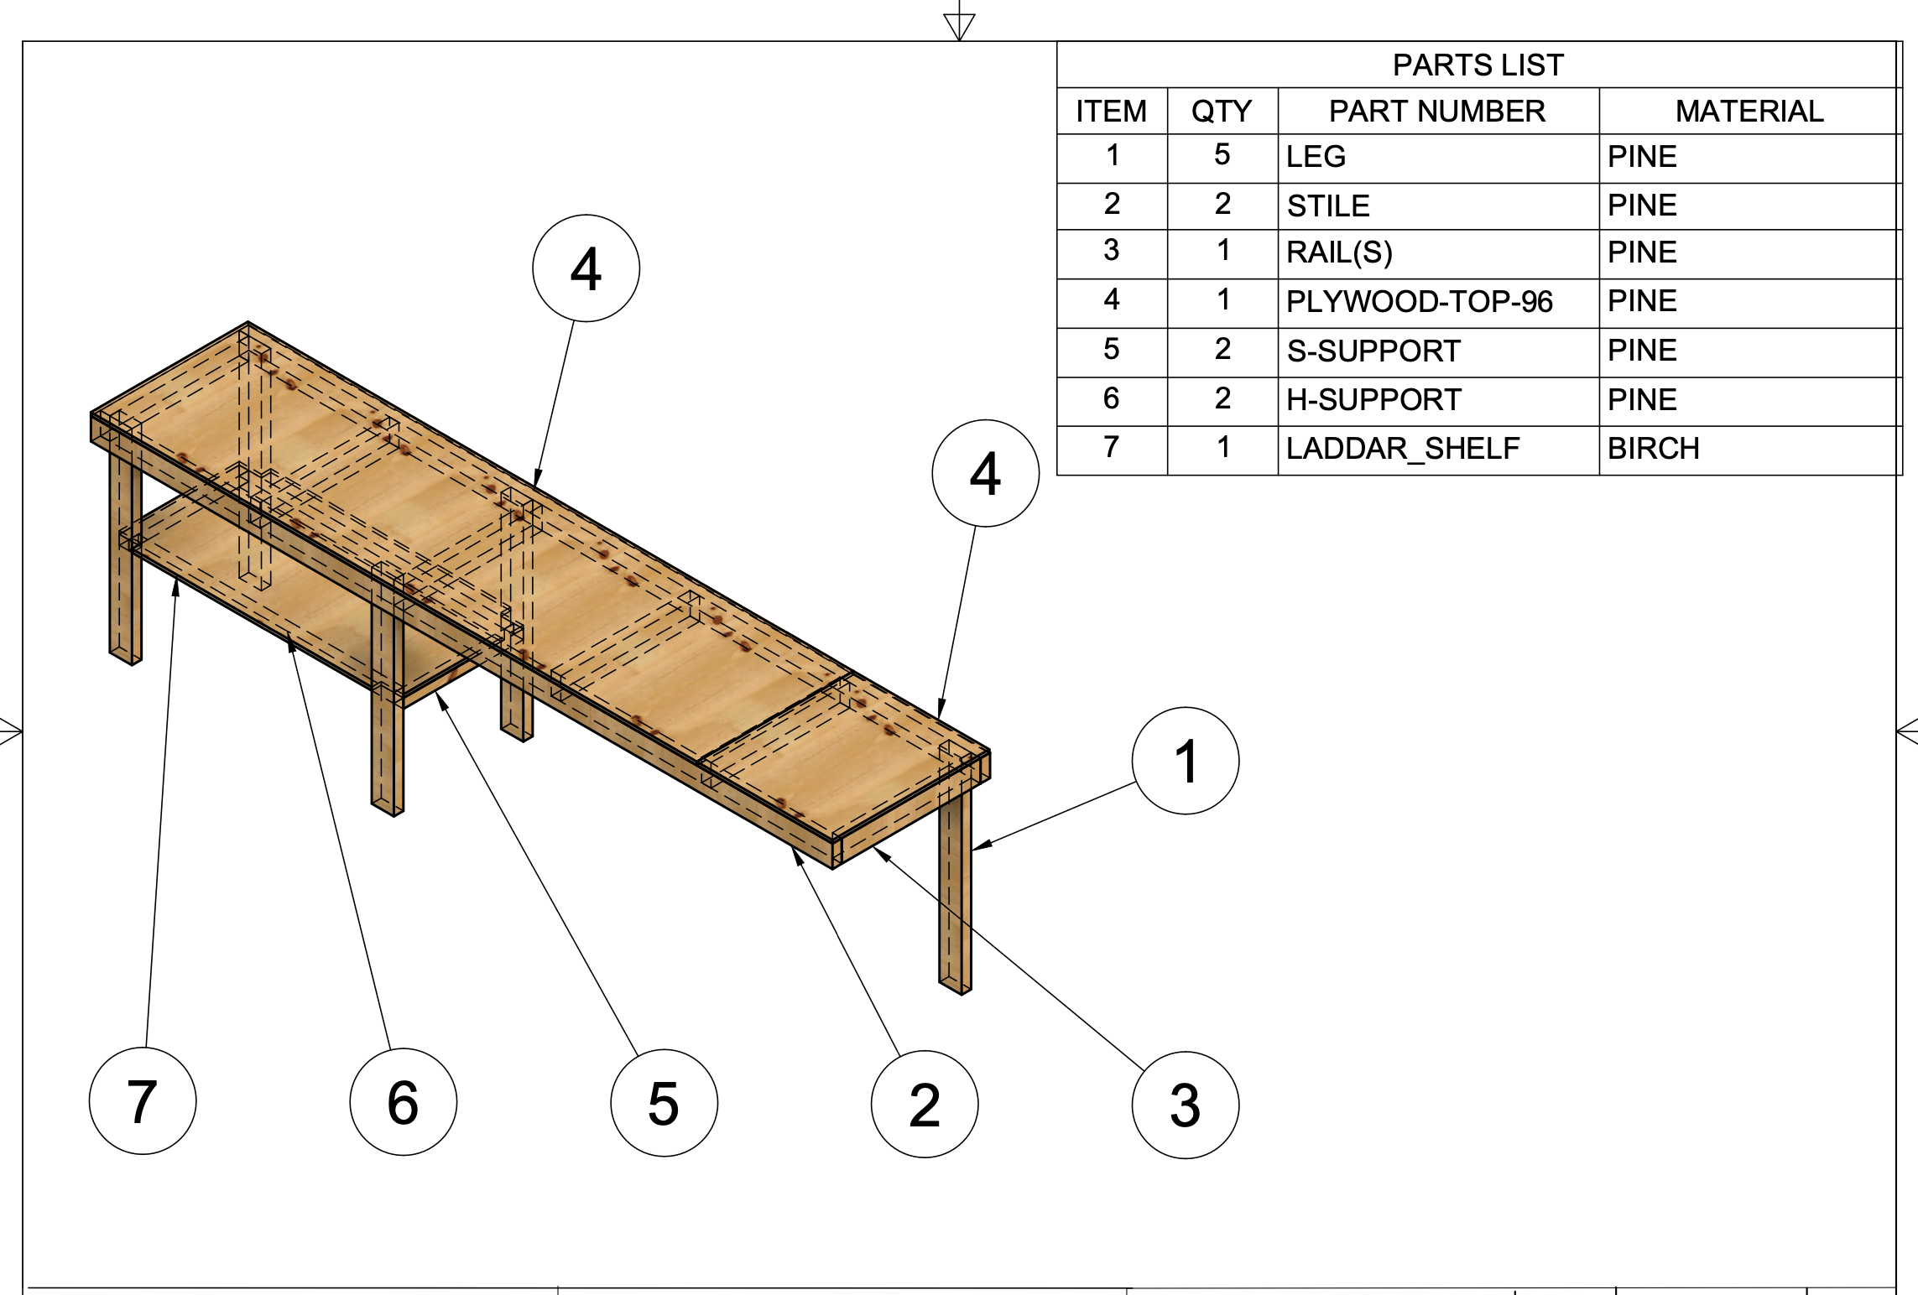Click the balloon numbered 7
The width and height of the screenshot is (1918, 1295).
tap(143, 1100)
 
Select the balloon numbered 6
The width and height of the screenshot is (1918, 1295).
tap(404, 1101)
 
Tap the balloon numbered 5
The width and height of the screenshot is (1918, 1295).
tap(664, 1102)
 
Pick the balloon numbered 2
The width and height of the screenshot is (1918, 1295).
tap(925, 1104)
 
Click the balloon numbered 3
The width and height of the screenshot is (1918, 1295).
tap(1185, 1105)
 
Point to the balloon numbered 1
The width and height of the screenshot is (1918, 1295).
tap(1185, 761)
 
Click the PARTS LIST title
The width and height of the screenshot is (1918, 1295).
tap(1478, 65)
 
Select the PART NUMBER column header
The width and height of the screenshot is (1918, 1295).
tap(1437, 111)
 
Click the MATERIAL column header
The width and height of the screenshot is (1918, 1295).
tap(1749, 111)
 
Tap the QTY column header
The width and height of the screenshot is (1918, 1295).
tap(1222, 111)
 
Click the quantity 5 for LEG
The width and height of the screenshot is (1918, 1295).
tap(1222, 155)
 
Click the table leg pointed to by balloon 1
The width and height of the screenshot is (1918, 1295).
tap(955, 897)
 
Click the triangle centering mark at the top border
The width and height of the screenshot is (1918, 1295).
tap(959, 25)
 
